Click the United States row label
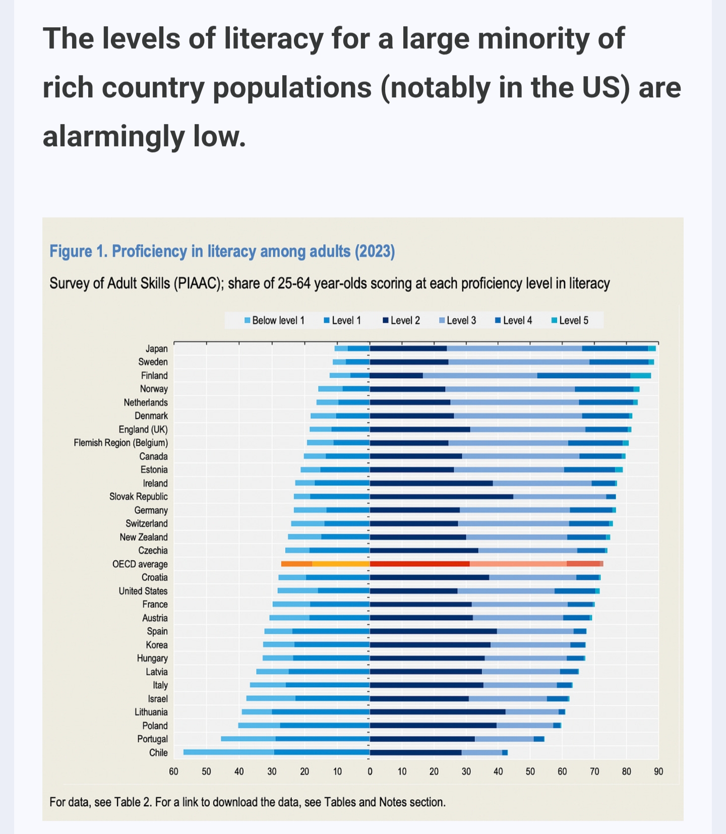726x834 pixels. (x=143, y=591)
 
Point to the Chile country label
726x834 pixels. (x=158, y=752)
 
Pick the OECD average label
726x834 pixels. (x=140, y=564)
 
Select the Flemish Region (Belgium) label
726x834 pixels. (x=120, y=443)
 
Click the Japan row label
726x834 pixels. (x=156, y=349)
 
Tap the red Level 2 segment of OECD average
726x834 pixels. (x=419, y=564)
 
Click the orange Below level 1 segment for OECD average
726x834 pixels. (x=296, y=564)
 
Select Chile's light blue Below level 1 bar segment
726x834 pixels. (x=228, y=752)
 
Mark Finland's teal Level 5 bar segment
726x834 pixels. (x=640, y=376)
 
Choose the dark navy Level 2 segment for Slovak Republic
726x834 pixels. (x=441, y=497)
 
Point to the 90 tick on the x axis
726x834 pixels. (x=658, y=771)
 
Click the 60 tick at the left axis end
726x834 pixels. (x=173, y=771)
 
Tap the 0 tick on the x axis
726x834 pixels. (x=370, y=771)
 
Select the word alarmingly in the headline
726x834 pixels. (x=114, y=137)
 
